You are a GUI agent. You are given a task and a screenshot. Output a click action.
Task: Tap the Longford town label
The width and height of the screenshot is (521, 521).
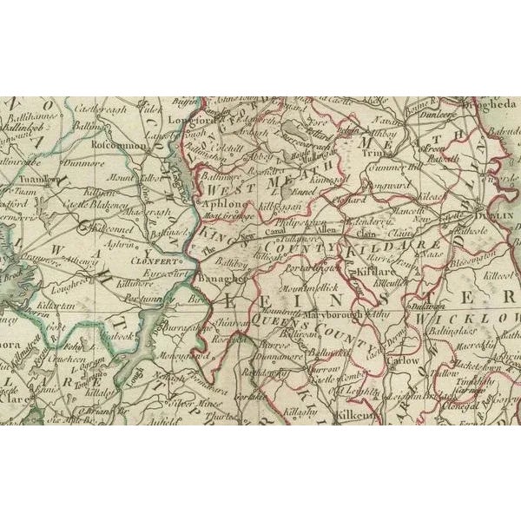(196, 123)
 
